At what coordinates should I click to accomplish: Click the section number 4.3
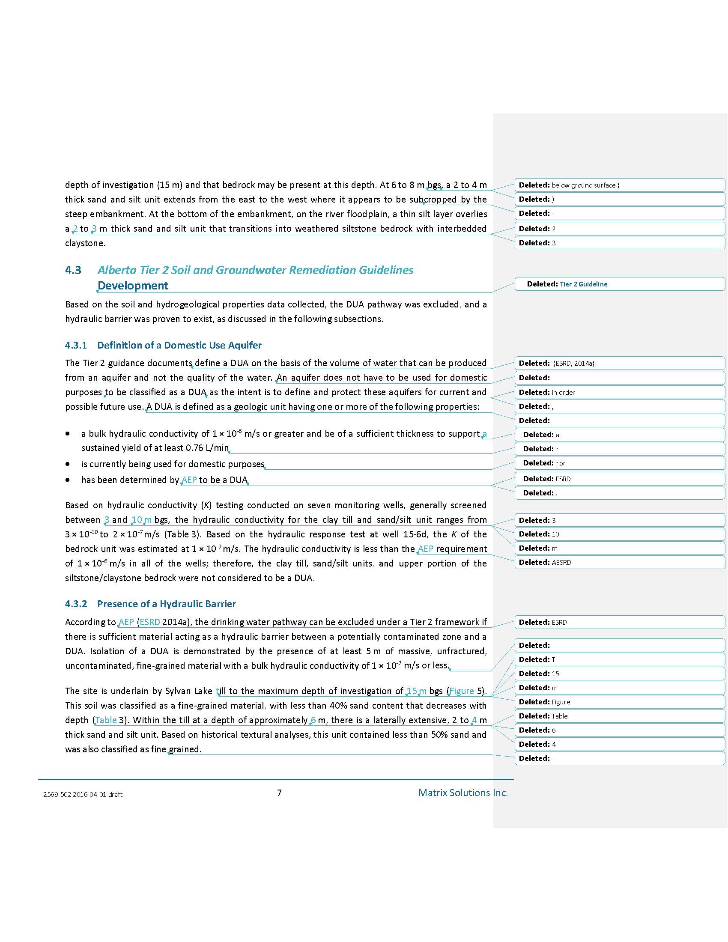(x=73, y=270)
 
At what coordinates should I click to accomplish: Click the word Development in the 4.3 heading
(x=133, y=286)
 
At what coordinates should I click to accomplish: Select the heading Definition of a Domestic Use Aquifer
(x=179, y=345)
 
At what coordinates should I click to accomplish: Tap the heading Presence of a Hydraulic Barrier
(x=167, y=603)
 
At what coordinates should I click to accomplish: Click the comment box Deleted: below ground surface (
(x=619, y=185)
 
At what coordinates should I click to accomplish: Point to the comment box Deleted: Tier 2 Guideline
(x=619, y=284)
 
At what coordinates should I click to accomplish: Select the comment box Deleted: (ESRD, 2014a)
(x=619, y=363)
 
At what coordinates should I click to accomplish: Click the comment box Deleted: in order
(x=619, y=392)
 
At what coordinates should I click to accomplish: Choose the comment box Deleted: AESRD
(x=619, y=562)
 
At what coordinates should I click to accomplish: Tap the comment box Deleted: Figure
(x=619, y=702)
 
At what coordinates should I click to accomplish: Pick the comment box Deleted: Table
(x=619, y=716)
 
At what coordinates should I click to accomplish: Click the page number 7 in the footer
(x=280, y=792)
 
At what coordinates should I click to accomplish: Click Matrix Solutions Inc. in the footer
(x=463, y=792)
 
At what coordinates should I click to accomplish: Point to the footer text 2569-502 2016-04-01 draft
(x=83, y=794)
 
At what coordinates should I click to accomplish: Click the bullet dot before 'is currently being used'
(x=68, y=464)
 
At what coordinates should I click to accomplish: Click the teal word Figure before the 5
(x=462, y=691)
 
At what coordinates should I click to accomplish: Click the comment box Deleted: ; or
(x=619, y=463)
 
